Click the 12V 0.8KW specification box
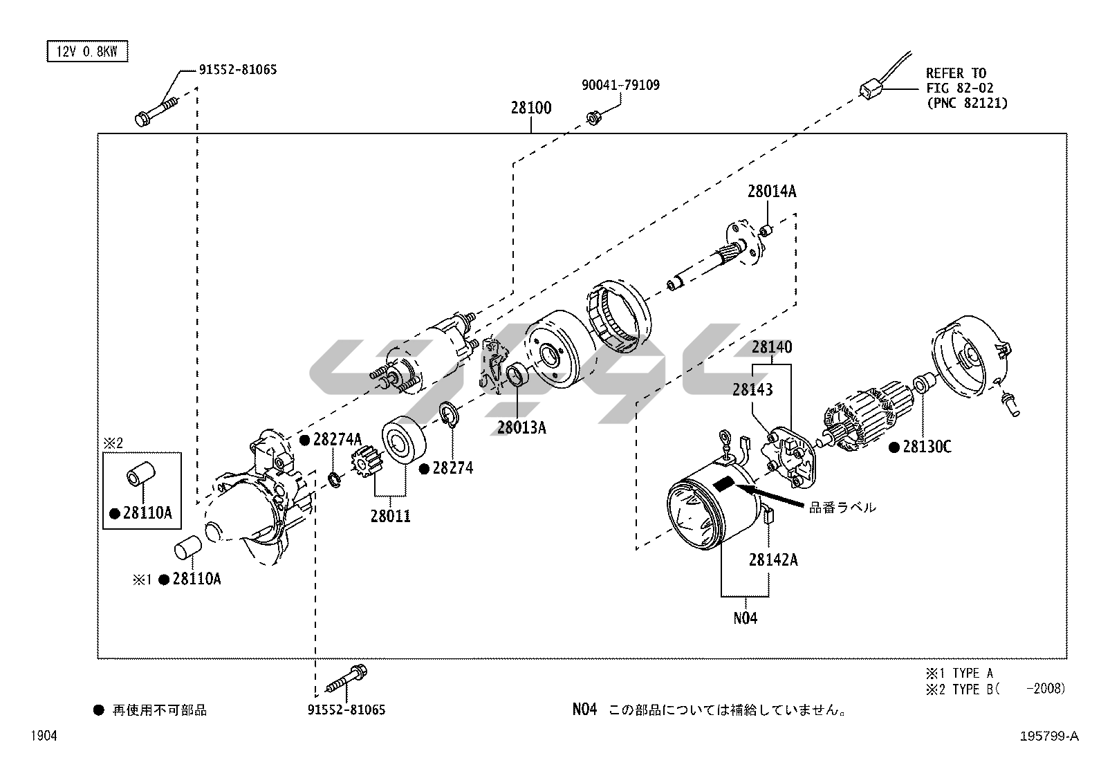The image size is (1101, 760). click(87, 52)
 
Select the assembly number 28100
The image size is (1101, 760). click(531, 108)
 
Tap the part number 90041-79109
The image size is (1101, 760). click(620, 85)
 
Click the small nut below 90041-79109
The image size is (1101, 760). click(592, 118)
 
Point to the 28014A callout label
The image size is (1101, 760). click(771, 192)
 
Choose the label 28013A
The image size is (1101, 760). click(521, 427)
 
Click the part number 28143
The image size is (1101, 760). click(752, 389)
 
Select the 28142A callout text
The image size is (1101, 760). click(772, 559)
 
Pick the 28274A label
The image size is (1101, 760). click(337, 440)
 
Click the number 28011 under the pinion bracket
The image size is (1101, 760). click(390, 516)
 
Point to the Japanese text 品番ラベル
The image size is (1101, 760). click(842, 508)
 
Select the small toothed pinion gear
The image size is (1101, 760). click(366, 462)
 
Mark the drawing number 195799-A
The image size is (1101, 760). click(1048, 736)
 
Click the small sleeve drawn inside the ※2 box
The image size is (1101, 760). click(140, 476)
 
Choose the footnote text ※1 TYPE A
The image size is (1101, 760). click(960, 673)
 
